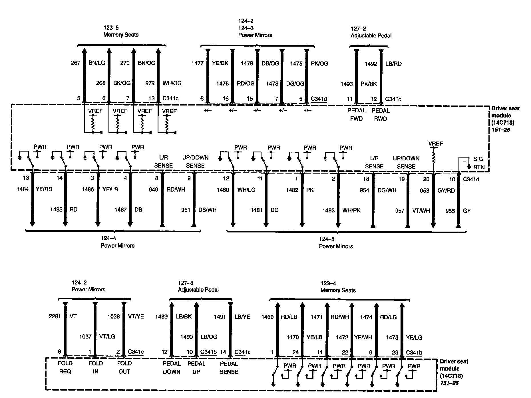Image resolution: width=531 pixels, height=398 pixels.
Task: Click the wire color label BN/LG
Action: click(97, 63)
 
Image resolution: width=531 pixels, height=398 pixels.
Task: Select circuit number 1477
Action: click(197, 63)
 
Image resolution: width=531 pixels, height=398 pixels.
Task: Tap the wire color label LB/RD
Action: click(393, 64)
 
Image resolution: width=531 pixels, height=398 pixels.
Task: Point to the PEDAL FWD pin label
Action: click(356, 114)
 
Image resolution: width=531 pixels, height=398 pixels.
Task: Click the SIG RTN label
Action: click(478, 163)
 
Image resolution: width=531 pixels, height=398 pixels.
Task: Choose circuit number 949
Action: click(154, 189)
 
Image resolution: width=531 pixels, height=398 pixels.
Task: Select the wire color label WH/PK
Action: click(351, 210)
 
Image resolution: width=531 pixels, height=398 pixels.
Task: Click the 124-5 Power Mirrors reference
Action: click(336, 243)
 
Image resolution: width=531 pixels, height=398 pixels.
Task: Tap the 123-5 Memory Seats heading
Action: click(121, 31)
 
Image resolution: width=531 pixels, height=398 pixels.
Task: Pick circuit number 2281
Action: click(55, 317)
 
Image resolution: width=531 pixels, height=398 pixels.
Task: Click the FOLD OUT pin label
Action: click(124, 367)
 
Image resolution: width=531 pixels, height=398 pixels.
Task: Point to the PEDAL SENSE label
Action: click(229, 368)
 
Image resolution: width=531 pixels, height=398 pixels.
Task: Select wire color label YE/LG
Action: click(414, 337)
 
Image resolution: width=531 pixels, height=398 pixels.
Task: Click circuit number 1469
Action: click(267, 317)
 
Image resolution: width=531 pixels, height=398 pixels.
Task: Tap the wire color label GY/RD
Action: click(446, 190)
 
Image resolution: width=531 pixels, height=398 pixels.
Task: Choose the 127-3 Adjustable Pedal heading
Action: click(198, 286)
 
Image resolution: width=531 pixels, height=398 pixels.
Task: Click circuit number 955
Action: click(450, 211)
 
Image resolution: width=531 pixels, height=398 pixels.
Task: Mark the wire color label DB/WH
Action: click(207, 210)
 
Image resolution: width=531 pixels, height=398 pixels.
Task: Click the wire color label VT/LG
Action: click(107, 337)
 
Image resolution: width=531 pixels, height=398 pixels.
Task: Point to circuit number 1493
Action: click(347, 84)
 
